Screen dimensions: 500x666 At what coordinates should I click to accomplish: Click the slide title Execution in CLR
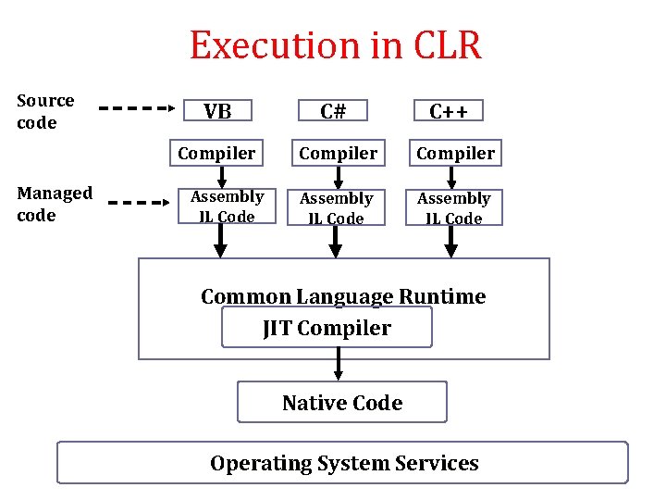click(x=335, y=45)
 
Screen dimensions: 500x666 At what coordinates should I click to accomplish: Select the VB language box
click(x=217, y=111)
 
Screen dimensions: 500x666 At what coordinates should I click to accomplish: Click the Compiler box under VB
click(x=217, y=153)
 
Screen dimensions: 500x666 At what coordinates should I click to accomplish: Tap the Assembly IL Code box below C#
click(x=337, y=207)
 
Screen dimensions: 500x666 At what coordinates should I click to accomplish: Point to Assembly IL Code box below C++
click(x=453, y=207)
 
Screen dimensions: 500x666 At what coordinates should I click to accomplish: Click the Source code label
click(x=45, y=111)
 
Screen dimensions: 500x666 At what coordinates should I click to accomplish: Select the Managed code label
click(x=55, y=204)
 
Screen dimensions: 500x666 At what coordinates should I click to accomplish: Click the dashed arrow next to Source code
click(x=137, y=107)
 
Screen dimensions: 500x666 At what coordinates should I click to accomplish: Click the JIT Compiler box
click(x=327, y=328)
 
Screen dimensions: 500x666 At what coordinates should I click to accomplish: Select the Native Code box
click(x=342, y=403)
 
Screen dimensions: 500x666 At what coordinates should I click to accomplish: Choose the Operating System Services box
click(x=343, y=463)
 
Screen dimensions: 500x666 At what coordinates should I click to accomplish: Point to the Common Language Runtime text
click(x=343, y=296)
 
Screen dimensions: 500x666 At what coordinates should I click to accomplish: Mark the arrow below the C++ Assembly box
click(x=451, y=242)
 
